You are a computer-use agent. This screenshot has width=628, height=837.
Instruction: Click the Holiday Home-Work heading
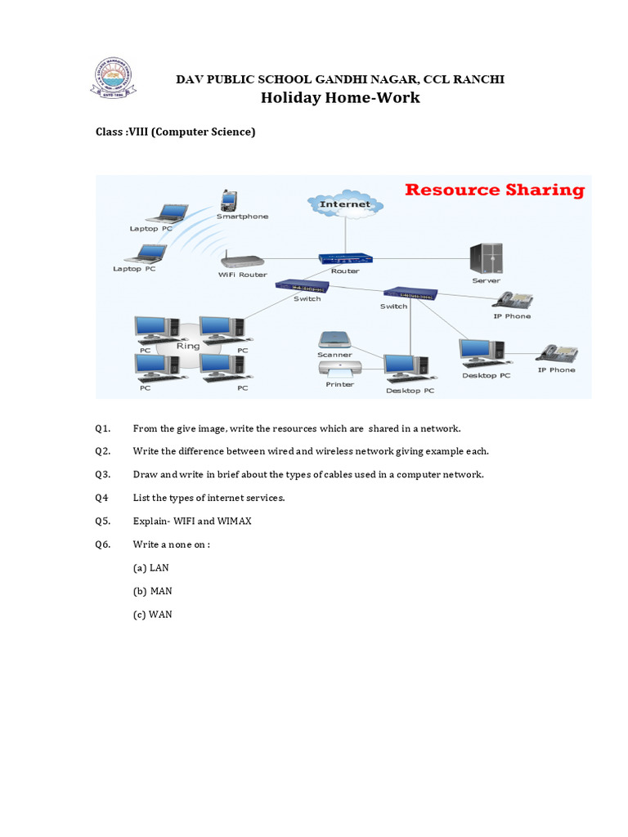[339, 98]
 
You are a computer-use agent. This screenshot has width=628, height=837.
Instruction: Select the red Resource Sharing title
[495, 190]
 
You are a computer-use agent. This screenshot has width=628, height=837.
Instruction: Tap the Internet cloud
[344, 204]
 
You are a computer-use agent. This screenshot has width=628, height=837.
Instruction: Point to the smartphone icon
[228, 200]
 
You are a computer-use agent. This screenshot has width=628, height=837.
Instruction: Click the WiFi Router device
[243, 261]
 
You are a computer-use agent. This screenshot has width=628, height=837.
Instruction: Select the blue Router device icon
[344, 258]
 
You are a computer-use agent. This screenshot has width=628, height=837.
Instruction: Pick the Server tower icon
[486, 259]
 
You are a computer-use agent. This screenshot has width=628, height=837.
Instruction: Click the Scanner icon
[334, 339]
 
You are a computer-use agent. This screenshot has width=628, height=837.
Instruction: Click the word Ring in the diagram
[188, 346]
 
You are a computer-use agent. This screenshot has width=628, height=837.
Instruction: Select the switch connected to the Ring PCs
[302, 285]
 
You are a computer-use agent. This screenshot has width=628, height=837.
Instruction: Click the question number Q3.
[102, 475]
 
